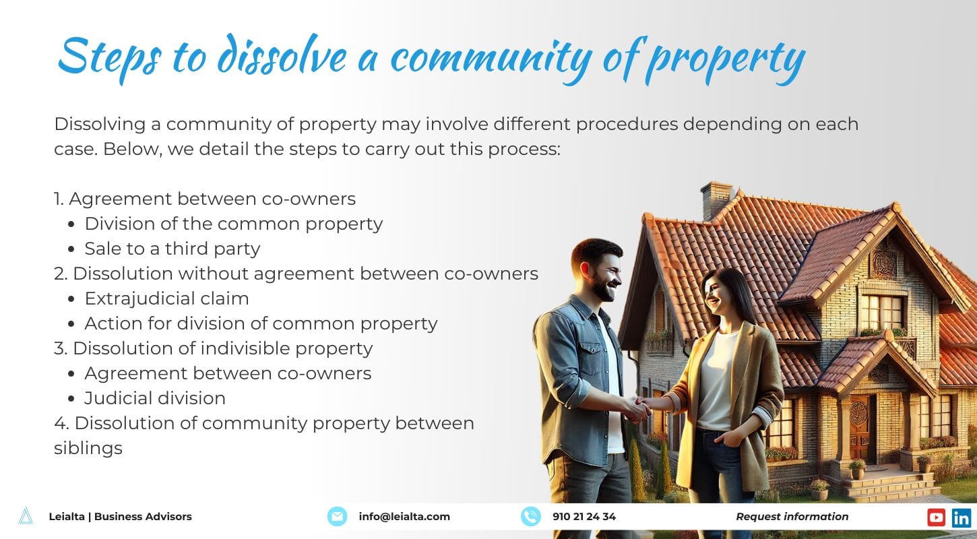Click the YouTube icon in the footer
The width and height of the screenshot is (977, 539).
936,517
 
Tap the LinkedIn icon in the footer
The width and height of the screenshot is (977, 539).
962,517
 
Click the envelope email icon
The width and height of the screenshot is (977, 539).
337,517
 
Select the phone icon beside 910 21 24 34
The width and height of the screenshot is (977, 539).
531,517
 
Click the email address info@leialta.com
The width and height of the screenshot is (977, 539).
404,517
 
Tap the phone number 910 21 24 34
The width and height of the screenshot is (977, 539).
584,517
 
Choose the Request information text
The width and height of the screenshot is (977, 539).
792,517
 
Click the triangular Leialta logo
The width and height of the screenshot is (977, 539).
26,516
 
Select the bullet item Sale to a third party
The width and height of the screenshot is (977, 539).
172,249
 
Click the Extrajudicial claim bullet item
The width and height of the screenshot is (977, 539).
166,298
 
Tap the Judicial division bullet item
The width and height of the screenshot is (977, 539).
154,398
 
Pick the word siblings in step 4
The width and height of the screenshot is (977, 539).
88,448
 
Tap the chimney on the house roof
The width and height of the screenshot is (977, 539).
716,199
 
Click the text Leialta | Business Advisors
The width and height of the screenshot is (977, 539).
120,517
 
